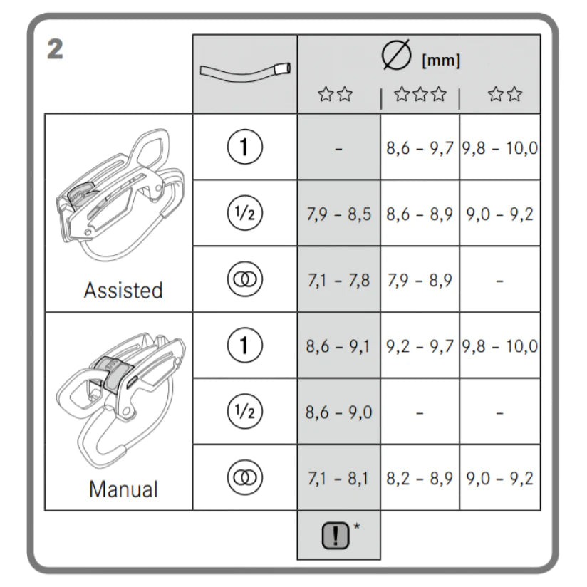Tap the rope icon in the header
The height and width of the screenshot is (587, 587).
point(244,72)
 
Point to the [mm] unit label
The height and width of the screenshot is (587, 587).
point(441,61)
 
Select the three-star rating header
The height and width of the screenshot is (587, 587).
point(420,95)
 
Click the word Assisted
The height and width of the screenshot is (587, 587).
point(123,291)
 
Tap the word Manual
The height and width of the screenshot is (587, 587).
point(123,489)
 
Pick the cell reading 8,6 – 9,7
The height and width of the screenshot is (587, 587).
point(420,148)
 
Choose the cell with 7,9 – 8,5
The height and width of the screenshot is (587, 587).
point(338,214)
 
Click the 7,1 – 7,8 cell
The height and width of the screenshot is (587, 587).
point(338,280)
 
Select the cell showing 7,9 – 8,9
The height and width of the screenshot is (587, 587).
point(420,280)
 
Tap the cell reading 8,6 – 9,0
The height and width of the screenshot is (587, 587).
point(338,412)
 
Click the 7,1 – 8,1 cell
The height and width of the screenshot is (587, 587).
point(338,478)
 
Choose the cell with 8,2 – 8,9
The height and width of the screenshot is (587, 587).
point(420,478)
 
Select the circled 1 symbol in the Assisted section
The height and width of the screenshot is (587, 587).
point(244,147)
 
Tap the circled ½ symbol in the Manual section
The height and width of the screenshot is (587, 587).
point(244,412)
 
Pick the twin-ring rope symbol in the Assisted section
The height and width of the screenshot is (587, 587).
point(244,280)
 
